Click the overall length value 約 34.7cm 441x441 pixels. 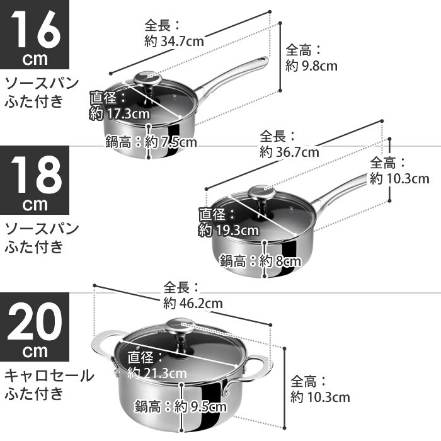tap(175, 42)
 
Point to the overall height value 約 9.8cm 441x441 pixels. tap(311, 65)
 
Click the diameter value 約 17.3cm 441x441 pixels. tap(120, 114)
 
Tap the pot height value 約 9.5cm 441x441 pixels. tap(200, 405)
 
